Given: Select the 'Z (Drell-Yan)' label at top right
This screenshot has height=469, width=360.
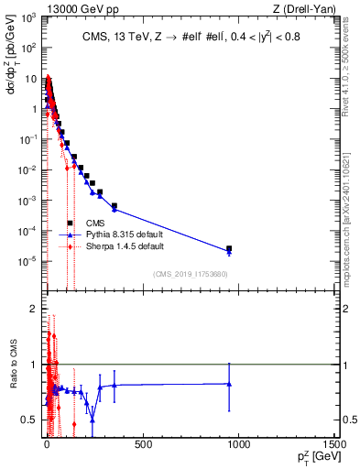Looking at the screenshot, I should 302,8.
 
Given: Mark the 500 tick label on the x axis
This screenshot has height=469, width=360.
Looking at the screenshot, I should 142,445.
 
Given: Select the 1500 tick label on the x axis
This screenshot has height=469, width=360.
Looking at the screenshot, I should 333,445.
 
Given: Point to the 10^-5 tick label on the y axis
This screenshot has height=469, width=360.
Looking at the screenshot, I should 27,261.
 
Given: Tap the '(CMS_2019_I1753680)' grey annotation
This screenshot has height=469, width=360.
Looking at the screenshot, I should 190,273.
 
